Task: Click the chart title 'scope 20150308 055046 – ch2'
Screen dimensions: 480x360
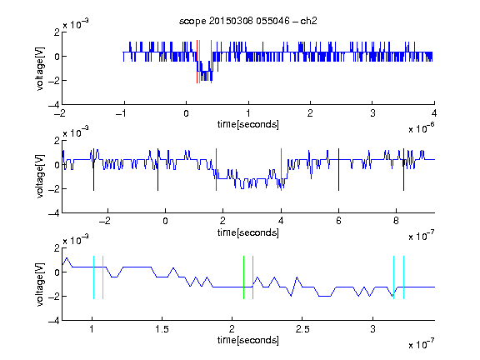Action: [248, 21]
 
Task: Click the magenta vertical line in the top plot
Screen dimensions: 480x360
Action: [211, 62]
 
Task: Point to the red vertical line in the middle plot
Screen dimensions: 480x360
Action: [216, 170]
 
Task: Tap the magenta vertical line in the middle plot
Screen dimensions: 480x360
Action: [281, 170]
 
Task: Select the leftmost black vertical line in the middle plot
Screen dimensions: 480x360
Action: [93, 170]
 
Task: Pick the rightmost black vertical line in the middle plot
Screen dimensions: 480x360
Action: [403, 170]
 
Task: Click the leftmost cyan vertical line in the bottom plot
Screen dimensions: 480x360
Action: [93, 277]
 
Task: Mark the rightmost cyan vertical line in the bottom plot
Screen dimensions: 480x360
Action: [403, 277]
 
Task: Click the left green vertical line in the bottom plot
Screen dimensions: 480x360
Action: [243, 277]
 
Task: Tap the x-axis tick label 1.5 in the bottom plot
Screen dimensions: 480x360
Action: [162, 329]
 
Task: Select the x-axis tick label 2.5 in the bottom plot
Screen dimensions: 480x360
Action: [302, 329]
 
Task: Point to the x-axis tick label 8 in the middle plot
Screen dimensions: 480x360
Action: [396, 221]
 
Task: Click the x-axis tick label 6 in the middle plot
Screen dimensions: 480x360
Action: [338, 221]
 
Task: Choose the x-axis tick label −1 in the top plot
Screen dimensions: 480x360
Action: [122, 113]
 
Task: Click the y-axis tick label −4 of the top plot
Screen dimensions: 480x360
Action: [54, 105]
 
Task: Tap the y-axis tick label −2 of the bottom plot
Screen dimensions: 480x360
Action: [54, 297]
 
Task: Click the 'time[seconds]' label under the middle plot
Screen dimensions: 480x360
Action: [248, 233]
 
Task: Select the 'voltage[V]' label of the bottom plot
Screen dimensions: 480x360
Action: [40, 285]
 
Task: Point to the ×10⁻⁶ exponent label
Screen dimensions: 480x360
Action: [422, 129]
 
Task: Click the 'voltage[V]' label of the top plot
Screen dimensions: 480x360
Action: [40, 69]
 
